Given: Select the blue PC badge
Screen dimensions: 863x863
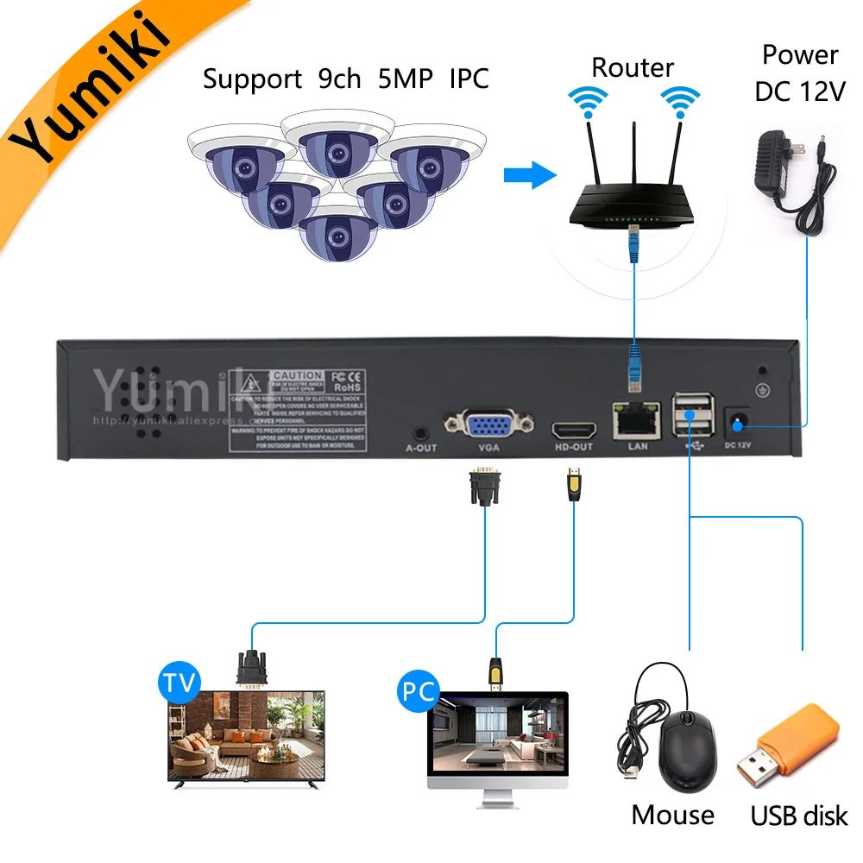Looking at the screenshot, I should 417,691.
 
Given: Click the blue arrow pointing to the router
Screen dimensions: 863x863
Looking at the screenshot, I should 529,176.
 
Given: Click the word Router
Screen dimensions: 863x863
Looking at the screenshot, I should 633,67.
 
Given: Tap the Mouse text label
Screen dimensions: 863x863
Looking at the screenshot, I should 672,815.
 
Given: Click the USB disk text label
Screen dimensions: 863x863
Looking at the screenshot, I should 799,815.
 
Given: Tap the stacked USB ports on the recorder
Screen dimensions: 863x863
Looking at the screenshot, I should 691,413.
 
